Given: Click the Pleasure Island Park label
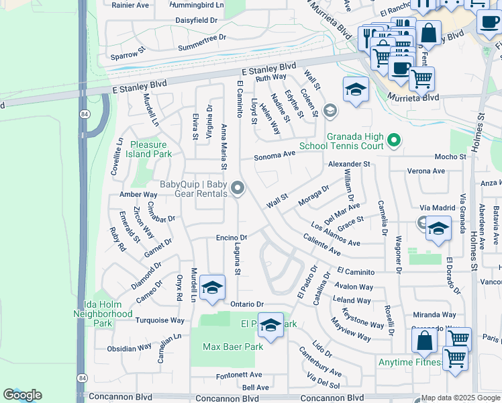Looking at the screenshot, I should (x=151, y=149).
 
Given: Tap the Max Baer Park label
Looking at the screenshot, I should (x=234, y=347).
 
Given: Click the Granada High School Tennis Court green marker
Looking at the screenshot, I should (x=395, y=141).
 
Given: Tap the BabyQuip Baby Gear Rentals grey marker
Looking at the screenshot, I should (x=238, y=189).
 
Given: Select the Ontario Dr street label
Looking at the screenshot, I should (x=247, y=304).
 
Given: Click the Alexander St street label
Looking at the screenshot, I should (x=349, y=164).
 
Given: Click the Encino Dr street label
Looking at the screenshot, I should (x=232, y=237).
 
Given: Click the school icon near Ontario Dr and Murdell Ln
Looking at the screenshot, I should (x=212, y=288).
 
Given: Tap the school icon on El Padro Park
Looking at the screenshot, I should (x=270, y=326).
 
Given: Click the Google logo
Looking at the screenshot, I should (x=23, y=395).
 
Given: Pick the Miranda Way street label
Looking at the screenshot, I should (x=434, y=314).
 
